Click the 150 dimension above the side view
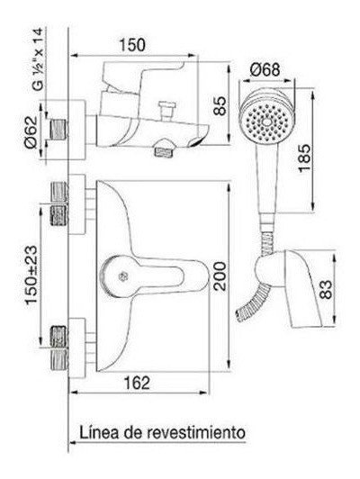[132, 45]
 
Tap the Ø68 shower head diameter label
[265, 69]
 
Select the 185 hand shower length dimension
[304, 158]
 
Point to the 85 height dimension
[220, 105]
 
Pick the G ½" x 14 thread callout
[38, 59]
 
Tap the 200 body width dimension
[220, 276]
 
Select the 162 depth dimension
[137, 383]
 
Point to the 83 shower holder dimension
[326, 289]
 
